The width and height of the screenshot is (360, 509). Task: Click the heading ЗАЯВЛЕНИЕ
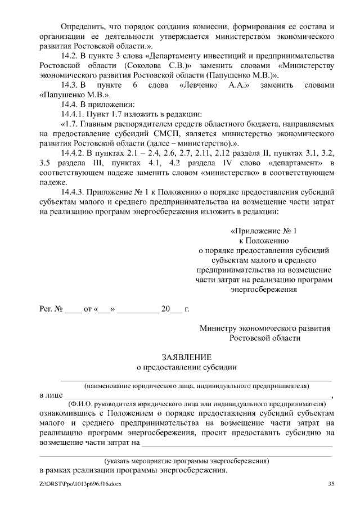click(x=187, y=357)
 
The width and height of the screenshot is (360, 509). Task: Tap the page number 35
click(x=331, y=484)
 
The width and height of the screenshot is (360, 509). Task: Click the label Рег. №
click(x=49, y=309)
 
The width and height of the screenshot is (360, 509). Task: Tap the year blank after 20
click(x=175, y=309)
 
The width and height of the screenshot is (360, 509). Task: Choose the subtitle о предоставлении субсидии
click(x=187, y=368)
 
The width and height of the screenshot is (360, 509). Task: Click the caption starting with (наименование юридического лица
click(x=196, y=386)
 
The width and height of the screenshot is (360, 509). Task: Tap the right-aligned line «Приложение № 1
click(x=263, y=231)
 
